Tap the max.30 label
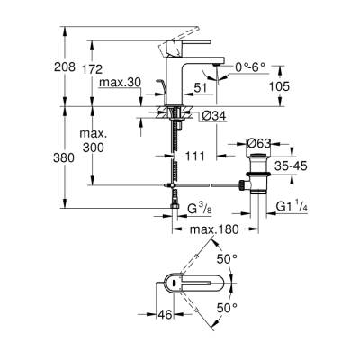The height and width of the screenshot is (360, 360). pos(119,84)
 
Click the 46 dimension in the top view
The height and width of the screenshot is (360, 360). pos(161,315)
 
